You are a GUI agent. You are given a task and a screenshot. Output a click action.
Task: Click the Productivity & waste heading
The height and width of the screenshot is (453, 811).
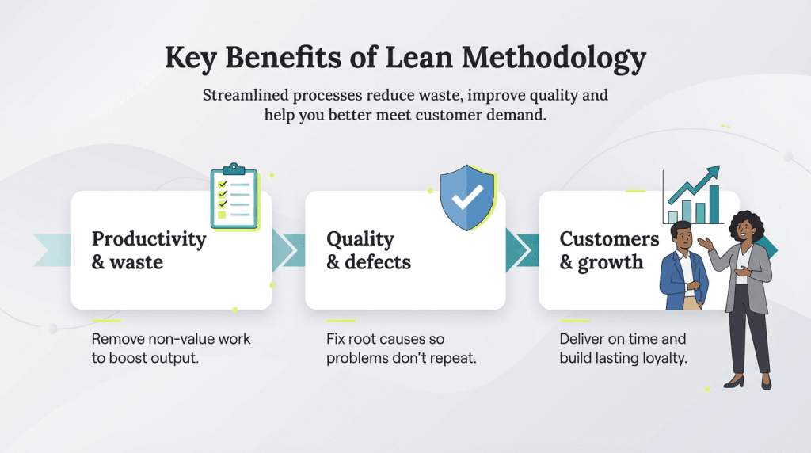click(x=149, y=250)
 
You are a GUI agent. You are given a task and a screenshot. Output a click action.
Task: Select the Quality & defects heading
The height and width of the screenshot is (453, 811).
click(x=369, y=250)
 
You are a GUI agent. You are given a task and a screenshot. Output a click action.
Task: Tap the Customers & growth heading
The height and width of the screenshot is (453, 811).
click(x=608, y=250)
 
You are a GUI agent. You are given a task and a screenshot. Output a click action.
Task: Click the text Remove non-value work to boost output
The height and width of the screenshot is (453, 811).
click(x=171, y=348)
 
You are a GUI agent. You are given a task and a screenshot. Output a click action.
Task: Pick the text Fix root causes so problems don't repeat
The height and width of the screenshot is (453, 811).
click(x=402, y=348)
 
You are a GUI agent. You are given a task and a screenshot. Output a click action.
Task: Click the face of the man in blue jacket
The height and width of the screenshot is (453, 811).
click(x=681, y=236)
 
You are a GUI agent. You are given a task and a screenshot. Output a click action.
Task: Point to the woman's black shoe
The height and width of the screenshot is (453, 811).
click(x=733, y=383)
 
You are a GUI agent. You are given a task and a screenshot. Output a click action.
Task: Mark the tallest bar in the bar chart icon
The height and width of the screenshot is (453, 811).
click(x=714, y=204)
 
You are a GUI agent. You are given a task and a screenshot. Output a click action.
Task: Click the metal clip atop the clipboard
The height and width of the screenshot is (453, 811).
click(x=234, y=169)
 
